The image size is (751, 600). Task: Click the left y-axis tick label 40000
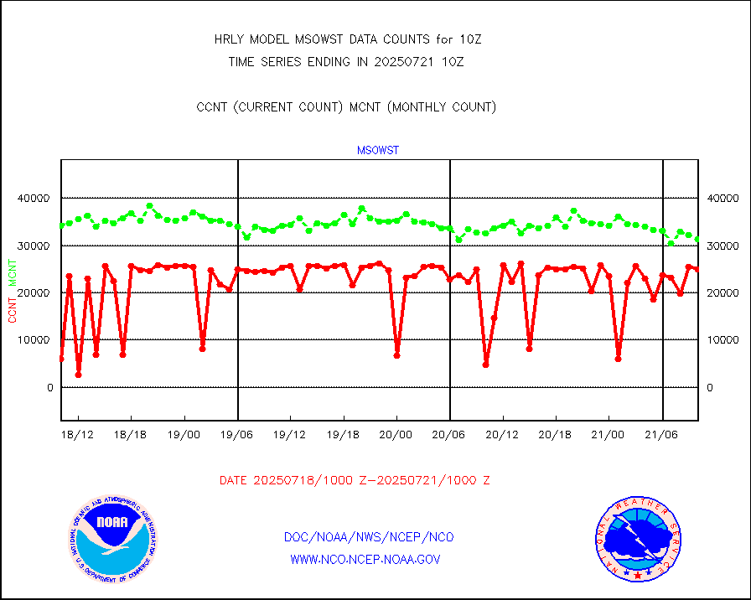pyautogui.click(x=34, y=199)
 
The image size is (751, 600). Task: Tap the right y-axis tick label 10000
pyautogui.click(x=722, y=340)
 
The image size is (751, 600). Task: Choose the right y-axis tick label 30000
pyautogui.click(x=722, y=246)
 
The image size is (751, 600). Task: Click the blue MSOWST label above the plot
pyautogui.click(x=378, y=151)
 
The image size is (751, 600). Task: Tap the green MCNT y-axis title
pyautogui.click(x=13, y=272)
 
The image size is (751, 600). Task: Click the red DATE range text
pyautogui.click(x=355, y=481)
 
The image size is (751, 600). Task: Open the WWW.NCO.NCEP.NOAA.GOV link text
pyautogui.click(x=365, y=559)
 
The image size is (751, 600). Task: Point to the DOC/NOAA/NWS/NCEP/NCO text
pyautogui.click(x=369, y=537)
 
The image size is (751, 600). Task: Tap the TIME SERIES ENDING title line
pyautogui.click(x=346, y=61)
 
